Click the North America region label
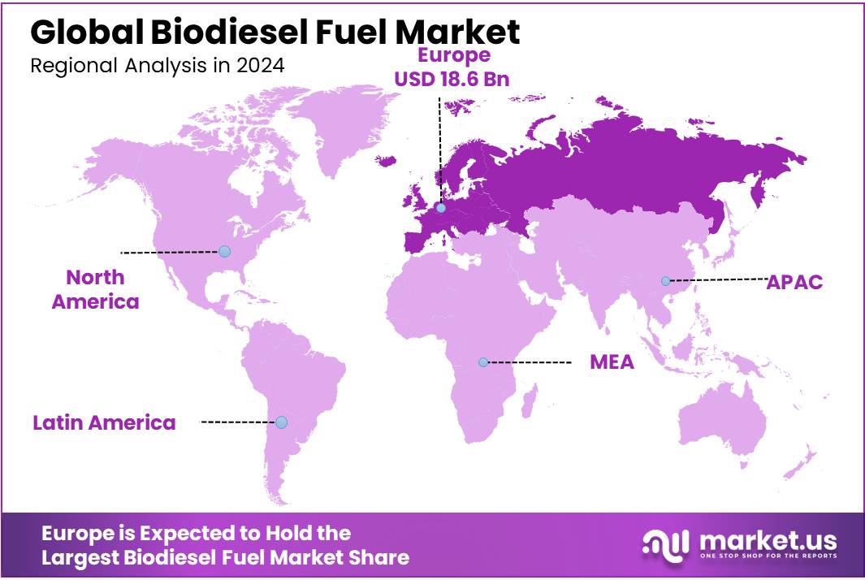tap(95, 289)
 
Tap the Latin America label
tap(104, 422)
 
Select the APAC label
tap(794, 282)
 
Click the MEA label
tap(612, 362)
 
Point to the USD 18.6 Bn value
tap(454, 79)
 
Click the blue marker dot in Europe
tap(440, 208)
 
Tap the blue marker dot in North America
tap(224, 251)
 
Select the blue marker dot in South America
tap(281, 422)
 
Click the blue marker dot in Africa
tap(483, 361)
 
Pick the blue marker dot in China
tap(665, 280)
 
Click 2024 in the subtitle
tap(262, 67)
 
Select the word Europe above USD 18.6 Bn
tap(454, 55)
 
